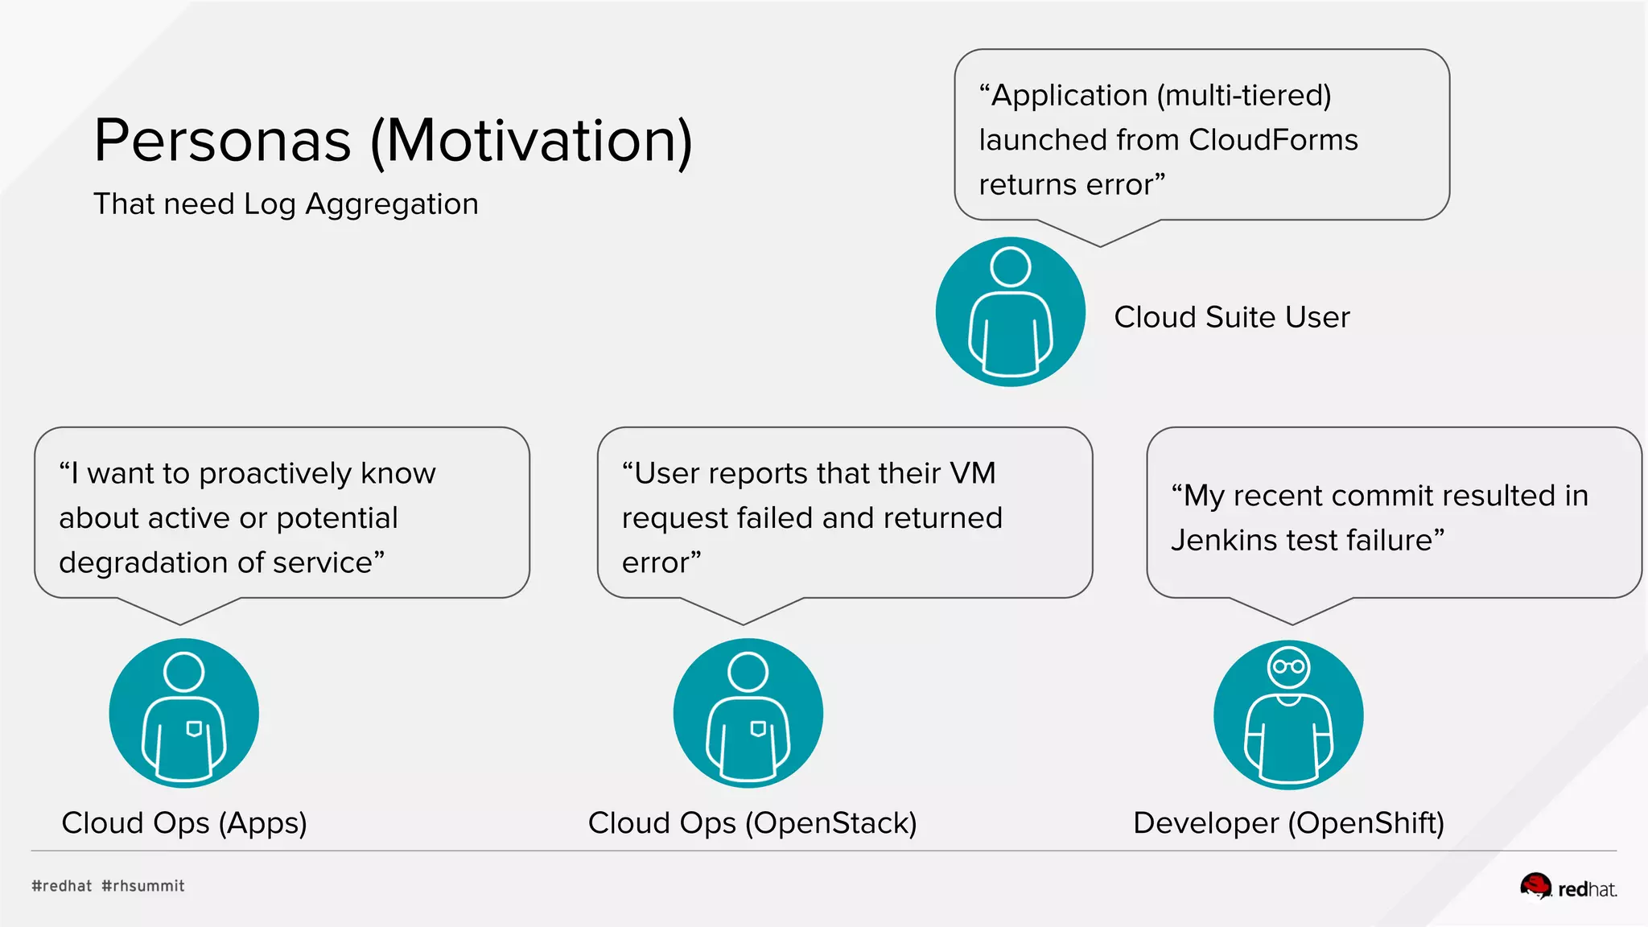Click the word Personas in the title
click(x=223, y=142)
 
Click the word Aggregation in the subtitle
click(x=391, y=204)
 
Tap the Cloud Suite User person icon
click(x=1010, y=311)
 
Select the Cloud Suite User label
click(x=1231, y=317)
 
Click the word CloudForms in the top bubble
click(x=1273, y=140)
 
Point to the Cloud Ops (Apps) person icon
click(x=184, y=713)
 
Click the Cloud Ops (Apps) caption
click(x=184, y=823)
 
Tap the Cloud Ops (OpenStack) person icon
click(x=748, y=713)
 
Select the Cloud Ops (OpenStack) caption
click(x=752, y=823)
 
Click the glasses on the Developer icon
click(x=1288, y=666)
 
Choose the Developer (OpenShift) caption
click(x=1288, y=823)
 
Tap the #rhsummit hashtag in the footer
click(x=143, y=886)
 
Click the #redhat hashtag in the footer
click(x=62, y=886)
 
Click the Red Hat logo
click(x=1568, y=888)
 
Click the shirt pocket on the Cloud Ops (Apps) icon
click(x=194, y=729)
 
